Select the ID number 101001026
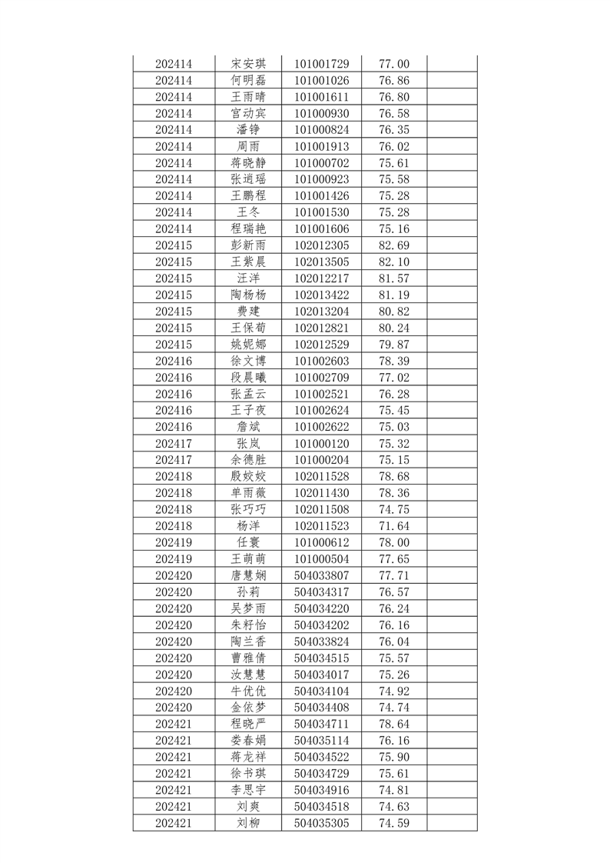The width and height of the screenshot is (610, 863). pos(321,80)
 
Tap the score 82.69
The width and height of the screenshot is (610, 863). pos(394,245)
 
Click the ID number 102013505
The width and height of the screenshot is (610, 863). pos(321,262)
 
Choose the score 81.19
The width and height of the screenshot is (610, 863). pos(394,295)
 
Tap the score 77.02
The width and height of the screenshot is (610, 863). pos(394,377)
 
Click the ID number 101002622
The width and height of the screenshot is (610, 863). pos(321,427)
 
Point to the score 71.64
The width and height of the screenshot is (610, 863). pos(394,526)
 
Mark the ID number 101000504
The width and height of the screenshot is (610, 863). pos(321,559)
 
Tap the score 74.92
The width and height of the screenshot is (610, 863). pos(394,691)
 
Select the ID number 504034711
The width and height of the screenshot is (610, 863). pos(321,724)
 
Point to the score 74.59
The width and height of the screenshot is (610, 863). pos(394,823)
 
